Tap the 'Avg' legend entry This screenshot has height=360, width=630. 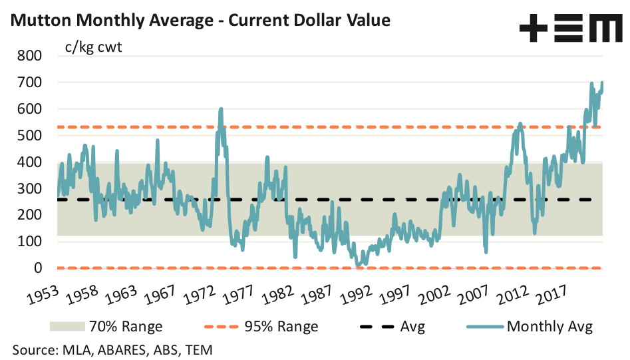(x=413, y=326)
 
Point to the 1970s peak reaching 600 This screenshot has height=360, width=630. (x=220, y=108)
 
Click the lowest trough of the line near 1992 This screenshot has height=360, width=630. (x=358, y=266)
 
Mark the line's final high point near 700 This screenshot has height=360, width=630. (x=602, y=82)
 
